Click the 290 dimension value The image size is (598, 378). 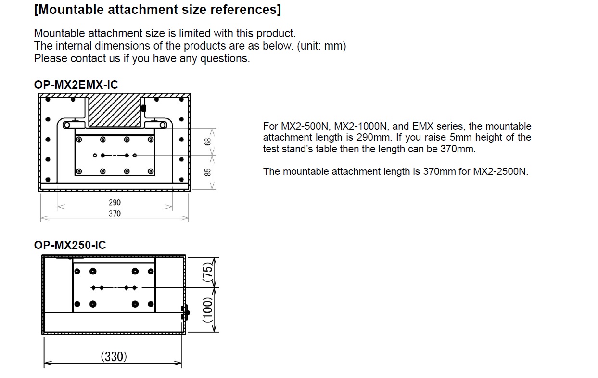pos(115,203)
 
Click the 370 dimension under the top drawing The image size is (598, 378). pos(115,214)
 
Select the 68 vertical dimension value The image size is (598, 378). pos(207,142)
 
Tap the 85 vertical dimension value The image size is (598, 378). pos(207,172)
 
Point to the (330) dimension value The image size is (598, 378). pos(114,357)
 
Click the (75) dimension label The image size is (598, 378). pos(208,272)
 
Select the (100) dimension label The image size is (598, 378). pos(208,310)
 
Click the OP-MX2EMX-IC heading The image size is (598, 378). pos(76,85)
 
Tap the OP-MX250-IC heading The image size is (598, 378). pos(70,245)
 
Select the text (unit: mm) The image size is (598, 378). pos(321,46)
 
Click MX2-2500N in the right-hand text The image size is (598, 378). pos(500,171)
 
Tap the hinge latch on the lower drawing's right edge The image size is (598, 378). pos(185,313)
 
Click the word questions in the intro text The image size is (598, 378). pos(225,58)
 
